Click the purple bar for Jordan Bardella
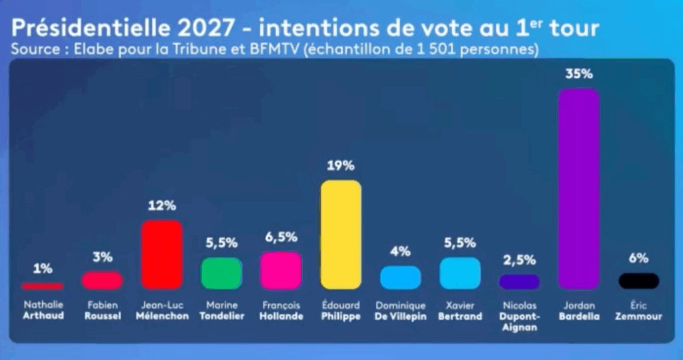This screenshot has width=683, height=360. [578, 188]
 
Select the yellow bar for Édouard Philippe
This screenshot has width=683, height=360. [341, 234]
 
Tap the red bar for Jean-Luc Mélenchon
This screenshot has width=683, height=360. [162, 254]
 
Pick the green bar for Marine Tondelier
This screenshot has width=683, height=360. [221, 273]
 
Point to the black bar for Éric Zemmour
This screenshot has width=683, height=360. [638, 281]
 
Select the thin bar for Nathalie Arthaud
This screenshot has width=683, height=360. [43, 286]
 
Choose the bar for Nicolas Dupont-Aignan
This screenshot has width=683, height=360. [519, 281]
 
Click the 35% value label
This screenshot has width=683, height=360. [578, 75]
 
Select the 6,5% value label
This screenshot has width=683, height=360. [281, 238]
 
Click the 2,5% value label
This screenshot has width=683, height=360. [519, 260]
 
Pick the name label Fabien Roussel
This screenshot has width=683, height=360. [103, 311]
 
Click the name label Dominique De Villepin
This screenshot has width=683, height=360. [400, 311]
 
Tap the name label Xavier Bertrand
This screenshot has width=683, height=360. [460, 311]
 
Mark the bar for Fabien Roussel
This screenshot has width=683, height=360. [102, 281]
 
